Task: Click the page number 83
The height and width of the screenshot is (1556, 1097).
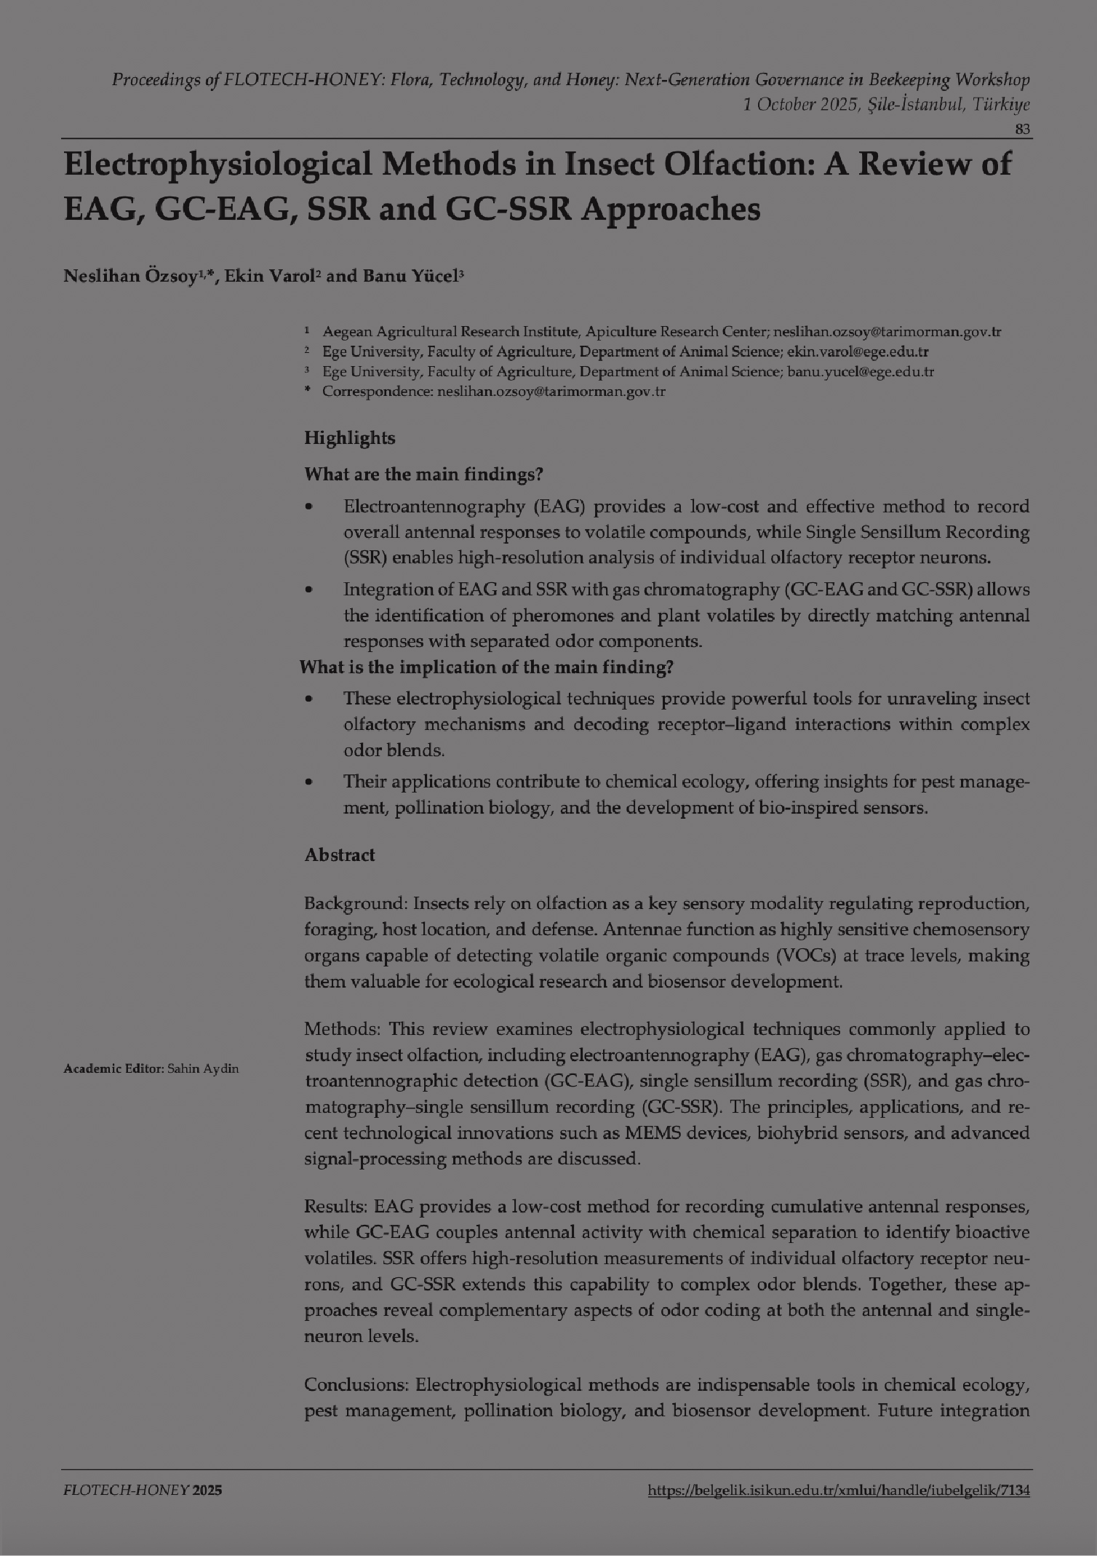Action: [x=1022, y=130]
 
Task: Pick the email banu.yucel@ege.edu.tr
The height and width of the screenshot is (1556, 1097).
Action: [x=861, y=372]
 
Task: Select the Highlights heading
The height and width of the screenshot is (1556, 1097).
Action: [x=349, y=438]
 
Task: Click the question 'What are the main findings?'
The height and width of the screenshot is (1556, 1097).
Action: [x=423, y=475]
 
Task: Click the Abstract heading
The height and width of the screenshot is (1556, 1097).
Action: [x=340, y=855]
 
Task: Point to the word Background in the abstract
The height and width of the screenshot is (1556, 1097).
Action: [x=354, y=904]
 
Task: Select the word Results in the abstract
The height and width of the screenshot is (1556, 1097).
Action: [x=335, y=1207]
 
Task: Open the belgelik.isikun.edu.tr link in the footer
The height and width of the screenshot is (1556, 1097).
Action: [x=838, y=1490]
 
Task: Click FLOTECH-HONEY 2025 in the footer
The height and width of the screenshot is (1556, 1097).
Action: [x=143, y=1490]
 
